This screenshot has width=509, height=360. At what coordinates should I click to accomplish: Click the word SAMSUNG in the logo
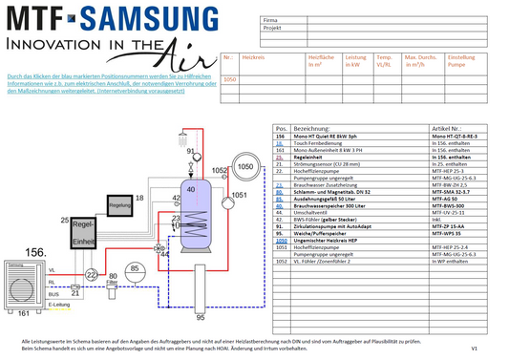click(122, 17)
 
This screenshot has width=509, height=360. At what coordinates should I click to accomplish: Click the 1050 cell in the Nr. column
click(229, 80)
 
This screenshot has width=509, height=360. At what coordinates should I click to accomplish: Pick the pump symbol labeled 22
click(91, 275)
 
